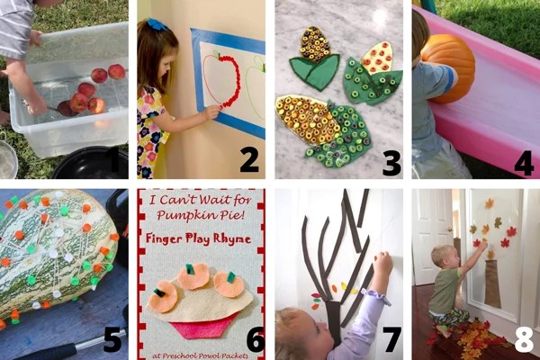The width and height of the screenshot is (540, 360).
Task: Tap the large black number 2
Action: [x=249, y=162]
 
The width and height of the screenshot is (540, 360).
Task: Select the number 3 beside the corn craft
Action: [x=391, y=162]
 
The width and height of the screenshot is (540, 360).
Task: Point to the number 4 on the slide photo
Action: [x=524, y=163]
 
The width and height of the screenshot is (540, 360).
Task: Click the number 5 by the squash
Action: [x=112, y=339]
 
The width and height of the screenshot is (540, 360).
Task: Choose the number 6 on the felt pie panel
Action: [x=256, y=339]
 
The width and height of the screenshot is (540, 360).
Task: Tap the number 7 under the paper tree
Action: [x=391, y=339]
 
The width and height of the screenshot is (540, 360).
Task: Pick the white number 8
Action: [x=525, y=339]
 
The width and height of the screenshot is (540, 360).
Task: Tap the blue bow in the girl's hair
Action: [x=157, y=24]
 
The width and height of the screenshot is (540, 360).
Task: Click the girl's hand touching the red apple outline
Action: [x=211, y=112]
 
